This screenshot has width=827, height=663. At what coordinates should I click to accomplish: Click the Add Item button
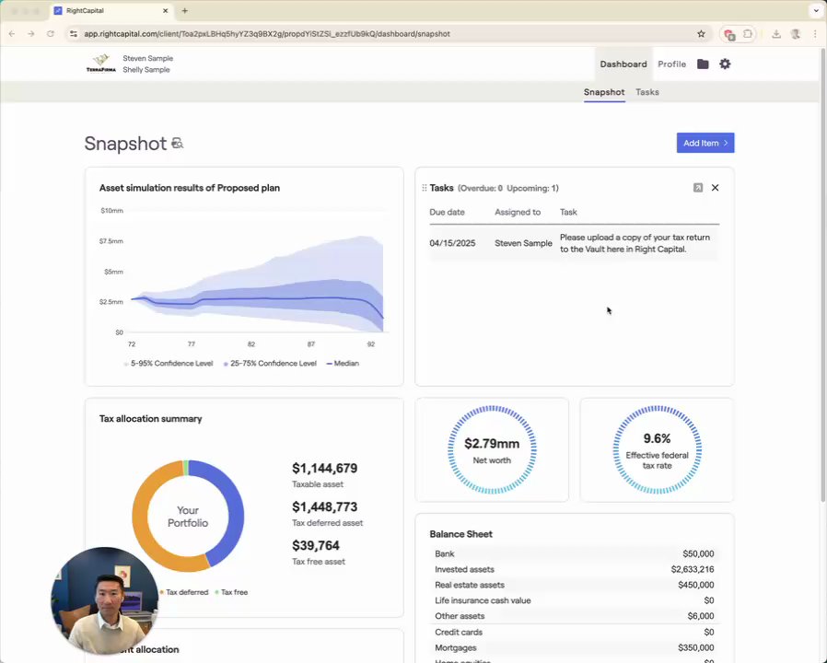(x=705, y=143)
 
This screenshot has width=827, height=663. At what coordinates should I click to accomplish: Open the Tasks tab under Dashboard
(x=646, y=92)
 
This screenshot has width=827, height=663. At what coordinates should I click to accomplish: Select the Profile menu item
(x=671, y=64)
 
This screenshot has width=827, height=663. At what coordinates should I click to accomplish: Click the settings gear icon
(x=725, y=64)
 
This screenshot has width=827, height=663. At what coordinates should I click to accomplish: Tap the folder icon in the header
(x=703, y=64)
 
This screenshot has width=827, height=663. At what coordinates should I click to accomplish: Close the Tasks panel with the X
(x=715, y=188)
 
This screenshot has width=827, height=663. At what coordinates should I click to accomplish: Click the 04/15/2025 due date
(x=452, y=243)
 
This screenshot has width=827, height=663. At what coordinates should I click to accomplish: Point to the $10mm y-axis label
(x=111, y=211)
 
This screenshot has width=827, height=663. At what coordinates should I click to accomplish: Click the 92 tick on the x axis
(x=371, y=343)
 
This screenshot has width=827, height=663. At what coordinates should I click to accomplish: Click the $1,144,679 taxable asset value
(x=324, y=469)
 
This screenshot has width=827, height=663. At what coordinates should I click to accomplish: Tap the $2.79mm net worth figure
(x=492, y=444)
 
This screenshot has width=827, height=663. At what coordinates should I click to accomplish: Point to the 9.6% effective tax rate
(x=657, y=438)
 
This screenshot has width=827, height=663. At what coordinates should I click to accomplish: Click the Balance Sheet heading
(x=460, y=534)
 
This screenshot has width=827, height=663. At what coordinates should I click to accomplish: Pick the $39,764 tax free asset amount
(x=316, y=546)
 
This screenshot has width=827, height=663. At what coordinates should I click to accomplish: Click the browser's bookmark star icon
(x=701, y=34)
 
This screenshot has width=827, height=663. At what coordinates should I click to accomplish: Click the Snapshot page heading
(x=125, y=144)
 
